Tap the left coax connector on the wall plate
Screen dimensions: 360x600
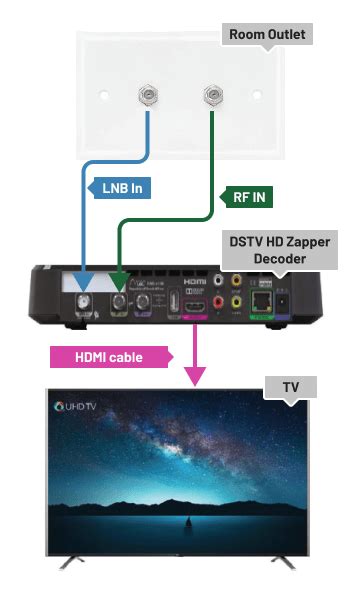coord(146,96)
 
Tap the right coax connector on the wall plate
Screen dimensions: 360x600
coord(211,96)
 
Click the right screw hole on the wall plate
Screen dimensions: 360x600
coord(258,98)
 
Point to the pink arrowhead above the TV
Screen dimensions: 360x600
coord(196,376)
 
